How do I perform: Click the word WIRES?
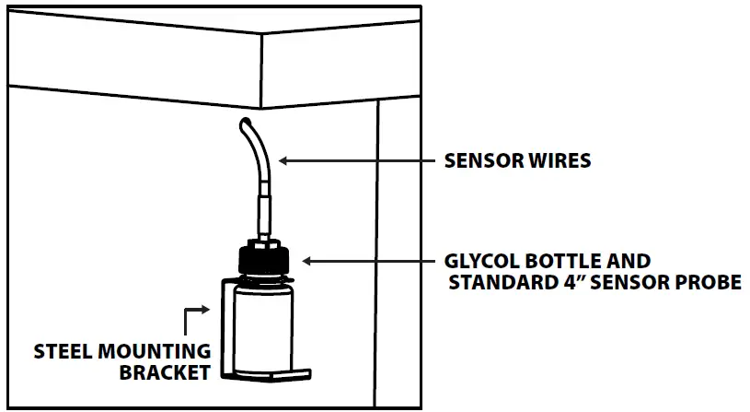[x=558, y=160]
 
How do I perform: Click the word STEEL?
[x=63, y=352]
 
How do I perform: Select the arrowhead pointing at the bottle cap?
[x=308, y=262]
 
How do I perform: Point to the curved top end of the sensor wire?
[x=247, y=124]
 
